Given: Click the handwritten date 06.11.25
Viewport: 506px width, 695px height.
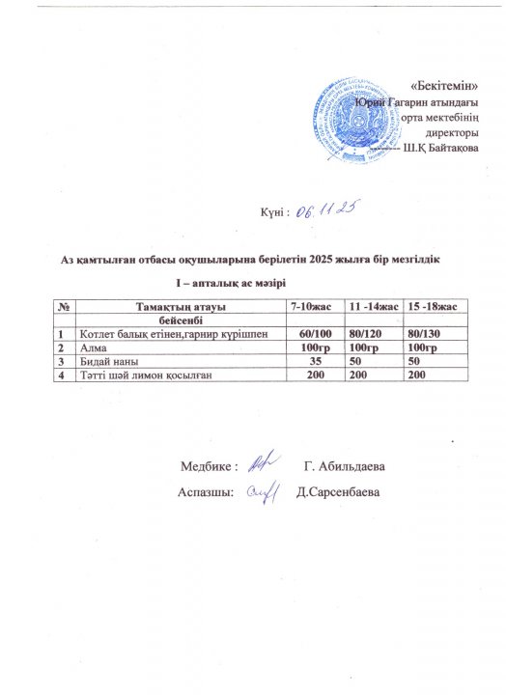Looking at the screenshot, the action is point(327,210).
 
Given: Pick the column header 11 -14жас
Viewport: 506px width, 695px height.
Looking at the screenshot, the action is point(375,306).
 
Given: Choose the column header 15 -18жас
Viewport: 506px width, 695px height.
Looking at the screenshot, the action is point(434,306).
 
